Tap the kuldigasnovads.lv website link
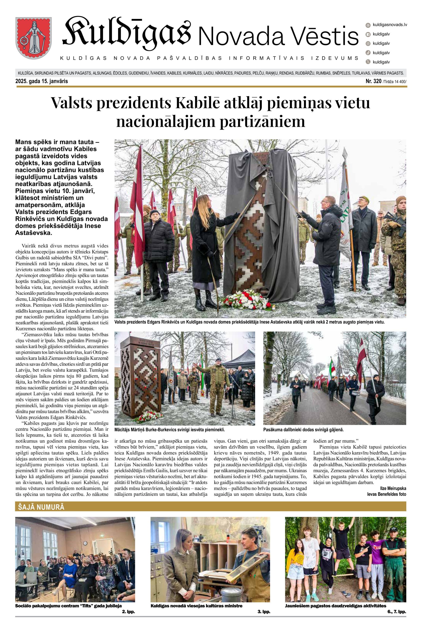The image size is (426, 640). [x=390, y=25]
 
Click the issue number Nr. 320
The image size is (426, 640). [x=373, y=81]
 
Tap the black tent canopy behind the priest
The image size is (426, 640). [x=240, y=358]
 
